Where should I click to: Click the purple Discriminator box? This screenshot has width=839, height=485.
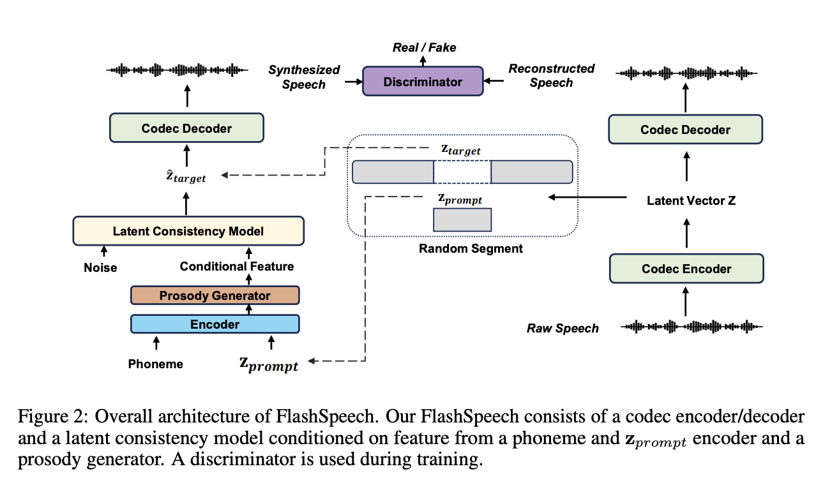(422, 82)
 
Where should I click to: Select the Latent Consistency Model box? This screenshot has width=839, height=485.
(188, 231)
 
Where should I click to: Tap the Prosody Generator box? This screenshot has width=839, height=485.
(215, 295)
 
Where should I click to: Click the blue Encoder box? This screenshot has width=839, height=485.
(215, 324)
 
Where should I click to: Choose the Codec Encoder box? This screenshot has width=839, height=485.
(686, 269)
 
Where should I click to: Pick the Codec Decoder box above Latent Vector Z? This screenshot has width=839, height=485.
(685, 130)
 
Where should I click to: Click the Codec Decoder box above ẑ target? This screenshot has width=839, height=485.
(186, 128)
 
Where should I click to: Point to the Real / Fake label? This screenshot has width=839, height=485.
(423, 48)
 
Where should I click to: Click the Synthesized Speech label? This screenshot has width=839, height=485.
(304, 77)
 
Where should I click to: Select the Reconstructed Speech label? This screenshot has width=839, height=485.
(551, 75)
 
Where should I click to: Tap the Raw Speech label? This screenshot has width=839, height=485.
(563, 329)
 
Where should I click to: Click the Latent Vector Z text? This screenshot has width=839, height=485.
(691, 200)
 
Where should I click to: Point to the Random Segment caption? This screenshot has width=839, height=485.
(471, 249)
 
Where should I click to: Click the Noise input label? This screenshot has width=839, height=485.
(100, 267)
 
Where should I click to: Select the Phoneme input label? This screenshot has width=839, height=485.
(155, 364)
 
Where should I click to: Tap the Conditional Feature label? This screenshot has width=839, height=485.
(237, 266)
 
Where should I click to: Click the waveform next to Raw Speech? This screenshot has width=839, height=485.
(692, 327)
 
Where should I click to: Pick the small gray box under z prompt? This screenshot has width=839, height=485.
(462, 220)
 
